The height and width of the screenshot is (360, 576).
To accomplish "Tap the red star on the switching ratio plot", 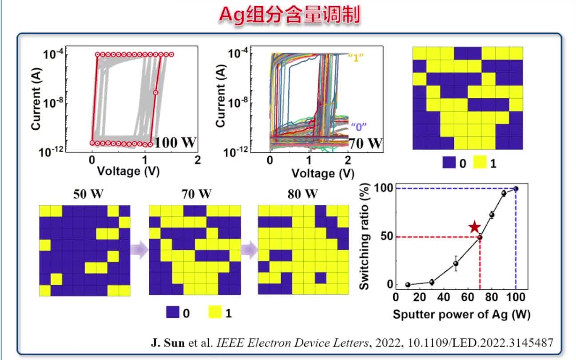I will pos(475,227).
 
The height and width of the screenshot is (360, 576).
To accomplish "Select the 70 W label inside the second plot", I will pos(365,143).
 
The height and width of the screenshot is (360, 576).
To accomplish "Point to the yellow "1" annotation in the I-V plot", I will pos(361,56).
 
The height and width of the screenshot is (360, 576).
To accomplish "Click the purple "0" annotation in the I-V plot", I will pos(358,126).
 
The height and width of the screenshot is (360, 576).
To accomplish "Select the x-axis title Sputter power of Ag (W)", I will pos(461,314).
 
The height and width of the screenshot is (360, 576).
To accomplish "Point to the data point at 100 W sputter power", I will pos(516,188).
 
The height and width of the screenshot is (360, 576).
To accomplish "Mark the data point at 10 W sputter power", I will pos(408,284).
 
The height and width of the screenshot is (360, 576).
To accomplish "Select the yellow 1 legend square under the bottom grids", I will pos(215,313).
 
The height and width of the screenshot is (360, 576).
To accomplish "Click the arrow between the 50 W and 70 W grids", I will pos(139,249).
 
